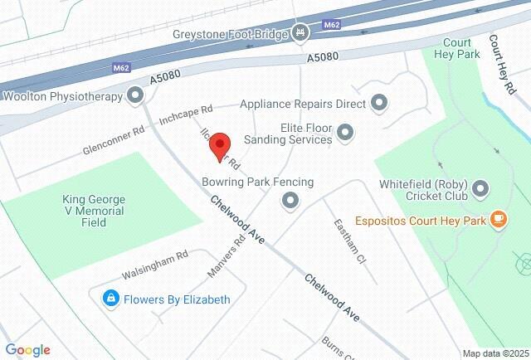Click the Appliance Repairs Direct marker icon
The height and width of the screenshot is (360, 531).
[x=379, y=104]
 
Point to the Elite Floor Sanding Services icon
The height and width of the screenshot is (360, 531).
[x=346, y=133]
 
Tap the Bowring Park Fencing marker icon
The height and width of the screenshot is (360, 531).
[x=290, y=199]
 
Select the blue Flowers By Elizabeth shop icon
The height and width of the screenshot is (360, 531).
[x=110, y=299]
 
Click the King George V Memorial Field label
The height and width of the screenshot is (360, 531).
[x=94, y=211]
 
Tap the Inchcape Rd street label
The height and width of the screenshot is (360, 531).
[x=186, y=114]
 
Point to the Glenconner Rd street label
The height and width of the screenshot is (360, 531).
[x=114, y=140]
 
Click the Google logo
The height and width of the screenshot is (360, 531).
[x=27, y=350]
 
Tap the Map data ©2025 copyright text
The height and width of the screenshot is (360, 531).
[x=495, y=353]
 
